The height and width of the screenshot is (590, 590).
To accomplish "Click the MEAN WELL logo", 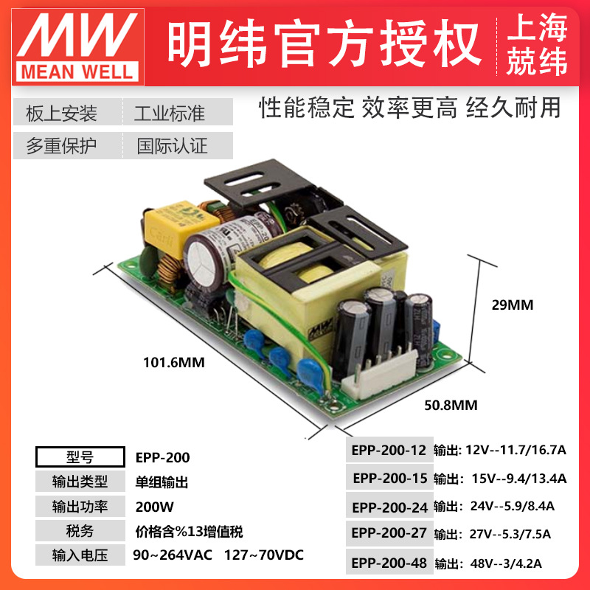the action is [x=78, y=47].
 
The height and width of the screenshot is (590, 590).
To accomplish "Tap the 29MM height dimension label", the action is [x=513, y=305].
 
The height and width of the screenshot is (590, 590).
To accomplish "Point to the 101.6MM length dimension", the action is [x=174, y=362].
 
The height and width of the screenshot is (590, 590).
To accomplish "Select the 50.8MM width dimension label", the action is [x=451, y=405].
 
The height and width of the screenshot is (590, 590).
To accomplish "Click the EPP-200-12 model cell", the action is [x=389, y=450].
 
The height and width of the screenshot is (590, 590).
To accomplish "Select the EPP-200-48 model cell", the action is [x=389, y=563].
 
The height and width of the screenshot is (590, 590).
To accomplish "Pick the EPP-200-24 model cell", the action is [x=389, y=507].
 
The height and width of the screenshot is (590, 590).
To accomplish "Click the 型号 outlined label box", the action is [x=80, y=457].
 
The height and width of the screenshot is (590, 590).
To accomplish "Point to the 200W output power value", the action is [x=155, y=507].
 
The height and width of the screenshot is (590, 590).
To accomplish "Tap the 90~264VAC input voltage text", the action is [x=173, y=555].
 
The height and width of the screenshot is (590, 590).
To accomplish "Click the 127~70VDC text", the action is [x=264, y=555].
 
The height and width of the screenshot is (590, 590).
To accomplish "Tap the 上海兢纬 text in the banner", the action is [x=537, y=44].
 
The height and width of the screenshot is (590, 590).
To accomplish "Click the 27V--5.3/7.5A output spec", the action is [x=510, y=534].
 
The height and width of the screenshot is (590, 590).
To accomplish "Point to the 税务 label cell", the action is [x=80, y=531].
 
